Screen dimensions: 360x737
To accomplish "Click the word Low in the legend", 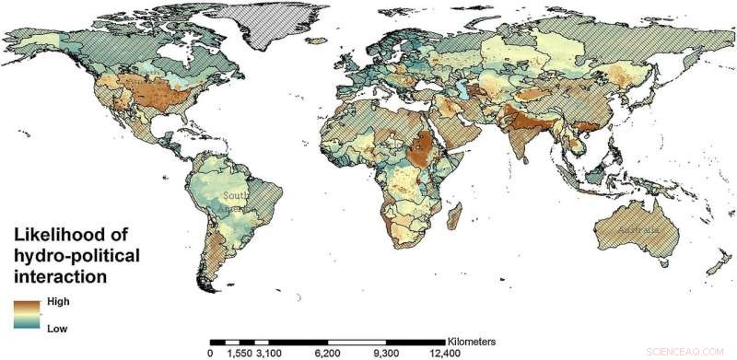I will pyautogui.click(x=56, y=327).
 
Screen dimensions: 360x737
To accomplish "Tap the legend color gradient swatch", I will pyautogui.click(x=26, y=314).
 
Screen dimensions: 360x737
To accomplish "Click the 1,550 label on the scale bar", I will pyautogui.click(x=239, y=353).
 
